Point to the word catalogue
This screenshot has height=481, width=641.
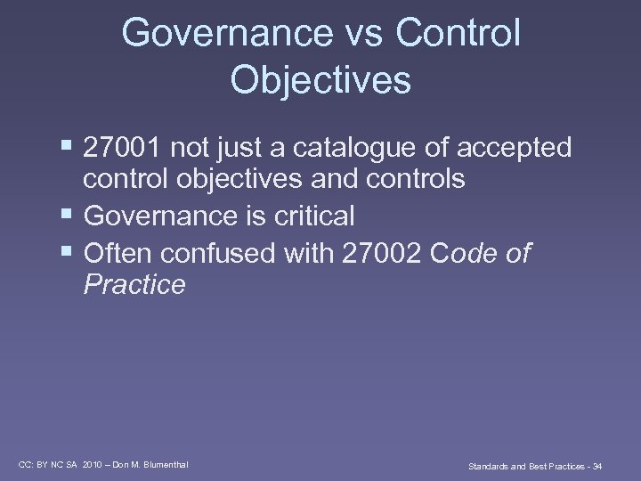pos(375,148)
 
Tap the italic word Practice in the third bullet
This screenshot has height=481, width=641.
pos(134,285)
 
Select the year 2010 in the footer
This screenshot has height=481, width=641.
pos(93,464)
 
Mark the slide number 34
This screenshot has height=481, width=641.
pos(596,466)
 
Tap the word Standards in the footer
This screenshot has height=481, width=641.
pos(489,466)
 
